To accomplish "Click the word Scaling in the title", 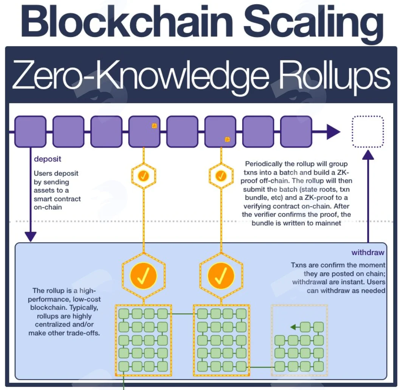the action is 313,24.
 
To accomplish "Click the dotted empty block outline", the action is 368,132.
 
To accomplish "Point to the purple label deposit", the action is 48,159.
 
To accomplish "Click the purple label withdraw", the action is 367,252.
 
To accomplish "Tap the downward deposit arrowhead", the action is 31,237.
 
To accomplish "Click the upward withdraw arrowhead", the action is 368,155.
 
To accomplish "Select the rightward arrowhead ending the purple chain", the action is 333,132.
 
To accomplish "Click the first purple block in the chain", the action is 30,132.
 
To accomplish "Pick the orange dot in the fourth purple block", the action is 154,126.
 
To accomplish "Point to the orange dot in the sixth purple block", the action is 227,139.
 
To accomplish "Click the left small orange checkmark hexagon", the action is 144,176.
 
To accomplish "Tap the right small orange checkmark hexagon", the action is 221,176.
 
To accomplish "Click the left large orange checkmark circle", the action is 143,276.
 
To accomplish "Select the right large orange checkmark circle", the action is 221,276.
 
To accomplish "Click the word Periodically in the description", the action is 262,164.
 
